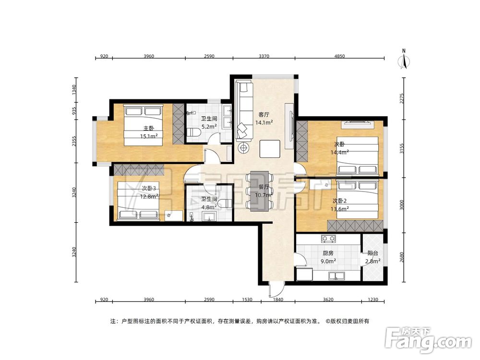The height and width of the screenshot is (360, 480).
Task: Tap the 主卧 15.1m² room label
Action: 149,132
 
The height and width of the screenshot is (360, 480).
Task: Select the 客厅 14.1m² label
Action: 264,119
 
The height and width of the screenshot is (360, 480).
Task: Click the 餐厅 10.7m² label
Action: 264,191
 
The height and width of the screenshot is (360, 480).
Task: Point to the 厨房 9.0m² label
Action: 328,257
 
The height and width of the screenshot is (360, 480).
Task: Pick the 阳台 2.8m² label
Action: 373,257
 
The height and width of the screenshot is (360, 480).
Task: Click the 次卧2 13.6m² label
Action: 340,205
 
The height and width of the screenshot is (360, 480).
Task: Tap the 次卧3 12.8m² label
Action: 149,192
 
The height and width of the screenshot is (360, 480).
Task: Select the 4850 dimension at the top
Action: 339,56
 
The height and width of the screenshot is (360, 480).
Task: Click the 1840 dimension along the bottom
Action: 278,300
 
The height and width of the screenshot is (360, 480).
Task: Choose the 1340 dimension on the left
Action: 74,90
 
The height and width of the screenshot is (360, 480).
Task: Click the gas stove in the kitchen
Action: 328,238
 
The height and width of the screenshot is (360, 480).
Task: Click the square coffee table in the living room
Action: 270,148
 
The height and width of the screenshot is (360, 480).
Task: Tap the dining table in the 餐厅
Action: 260,191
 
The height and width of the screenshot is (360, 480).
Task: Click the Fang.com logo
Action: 429,340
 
